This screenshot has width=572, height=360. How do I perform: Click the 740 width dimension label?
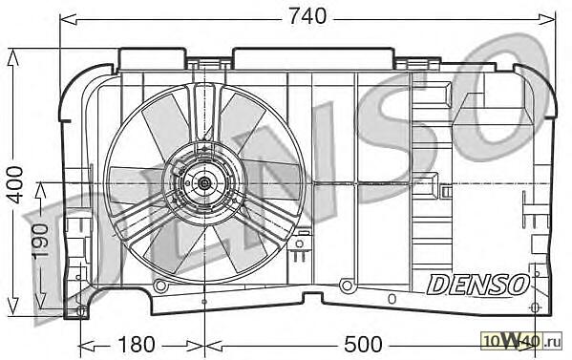307,17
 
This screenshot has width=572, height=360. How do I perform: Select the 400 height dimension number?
16,184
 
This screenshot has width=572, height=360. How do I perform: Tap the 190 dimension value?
40,242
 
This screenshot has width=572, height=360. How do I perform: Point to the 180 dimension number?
136,345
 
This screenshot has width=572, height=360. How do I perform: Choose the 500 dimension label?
363,345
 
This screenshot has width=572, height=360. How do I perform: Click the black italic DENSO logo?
477,285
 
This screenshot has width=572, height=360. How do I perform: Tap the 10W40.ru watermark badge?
521,342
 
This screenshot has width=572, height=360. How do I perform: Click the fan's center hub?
203,183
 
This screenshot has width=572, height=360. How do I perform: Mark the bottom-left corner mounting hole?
81,311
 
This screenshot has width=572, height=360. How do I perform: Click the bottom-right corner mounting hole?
534,307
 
